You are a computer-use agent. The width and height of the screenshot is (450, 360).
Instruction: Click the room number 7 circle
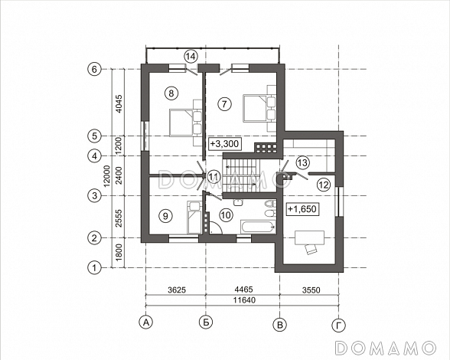(x=224, y=103)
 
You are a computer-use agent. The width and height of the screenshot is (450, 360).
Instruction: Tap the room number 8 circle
(x=171, y=93)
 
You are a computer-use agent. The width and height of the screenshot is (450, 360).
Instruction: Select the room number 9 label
(x=165, y=215)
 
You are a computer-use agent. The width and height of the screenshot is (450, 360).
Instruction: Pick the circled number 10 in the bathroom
(x=226, y=215)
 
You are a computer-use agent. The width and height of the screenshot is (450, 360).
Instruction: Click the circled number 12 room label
(x=324, y=185)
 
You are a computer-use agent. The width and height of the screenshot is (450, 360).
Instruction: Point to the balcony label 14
(x=191, y=57)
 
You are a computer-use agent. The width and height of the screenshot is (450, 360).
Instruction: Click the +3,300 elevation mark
(x=224, y=143)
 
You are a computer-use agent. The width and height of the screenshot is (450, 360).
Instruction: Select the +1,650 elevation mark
(x=302, y=209)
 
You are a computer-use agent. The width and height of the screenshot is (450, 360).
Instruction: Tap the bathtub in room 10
(x=259, y=227)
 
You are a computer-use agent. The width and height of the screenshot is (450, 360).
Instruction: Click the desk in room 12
(x=310, y=237)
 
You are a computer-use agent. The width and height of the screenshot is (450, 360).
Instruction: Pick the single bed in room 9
(x=194, y=218)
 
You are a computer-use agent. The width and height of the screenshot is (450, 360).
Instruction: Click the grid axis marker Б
(x=206, y=322)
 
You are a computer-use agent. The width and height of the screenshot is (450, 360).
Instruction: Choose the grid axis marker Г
(x=339, y=326)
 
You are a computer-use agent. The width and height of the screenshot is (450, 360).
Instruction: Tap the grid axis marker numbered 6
(x=94, y=69)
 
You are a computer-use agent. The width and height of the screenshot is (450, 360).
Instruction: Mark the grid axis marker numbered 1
(x=94, y=268)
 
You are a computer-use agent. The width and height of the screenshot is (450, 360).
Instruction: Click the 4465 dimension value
(x=243, y=290)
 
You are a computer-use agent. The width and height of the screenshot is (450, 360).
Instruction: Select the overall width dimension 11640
(x=244, y=300)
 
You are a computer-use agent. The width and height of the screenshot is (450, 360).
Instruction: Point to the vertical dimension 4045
(x=119, y=103)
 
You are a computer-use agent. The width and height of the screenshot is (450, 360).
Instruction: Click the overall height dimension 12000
(x=106, y=176)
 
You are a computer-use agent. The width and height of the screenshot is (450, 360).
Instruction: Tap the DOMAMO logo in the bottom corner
(x=386, y=348)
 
